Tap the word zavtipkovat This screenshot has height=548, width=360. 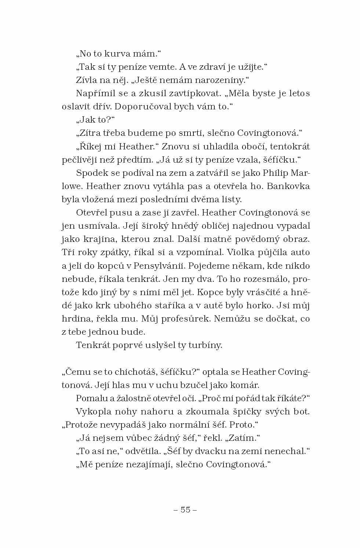tap(191, 93)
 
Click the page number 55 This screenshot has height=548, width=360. tap(185, 509)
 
